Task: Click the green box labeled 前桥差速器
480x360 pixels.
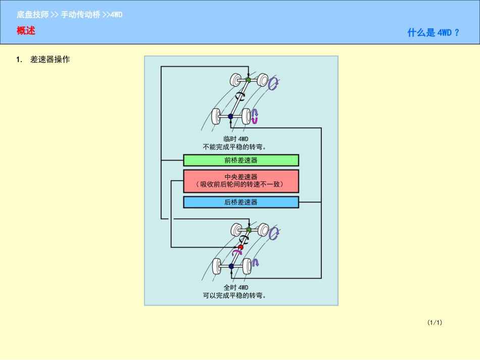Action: pyautogui.click(x=241, y=160)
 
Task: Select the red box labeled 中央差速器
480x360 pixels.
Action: pyautogui.click(x=241, y=181)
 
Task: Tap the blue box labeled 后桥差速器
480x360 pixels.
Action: pyautogui.click(x=241, y=202)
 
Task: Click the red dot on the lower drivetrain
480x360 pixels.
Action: pyautogui.click(x=241, y=247)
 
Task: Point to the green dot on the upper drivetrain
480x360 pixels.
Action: pyautogui.click(x=248, y=80)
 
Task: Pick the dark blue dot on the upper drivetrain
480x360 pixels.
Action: pyautogui.click(x=231, y=116)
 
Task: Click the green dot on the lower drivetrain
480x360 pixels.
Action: pyautogui.click(x=249, y=230)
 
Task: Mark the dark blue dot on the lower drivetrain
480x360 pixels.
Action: pyautogui.click(x=231, y=266)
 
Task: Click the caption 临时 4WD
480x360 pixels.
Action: pyautogui.click(x=236, y=139)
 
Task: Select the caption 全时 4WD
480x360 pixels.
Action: pyautogui.click(x=236, y=288)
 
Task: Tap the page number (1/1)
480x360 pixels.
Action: pyautogui.click(x=435, y=322)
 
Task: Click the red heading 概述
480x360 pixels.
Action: pyautogui.click(x=26, y=31)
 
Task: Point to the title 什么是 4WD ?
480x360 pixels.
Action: pyautogui.click(x=434, y=33)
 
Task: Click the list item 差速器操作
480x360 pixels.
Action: pyautogui.click(x=50, y=60)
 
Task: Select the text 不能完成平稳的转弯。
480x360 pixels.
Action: pyautogui.click(x=234, y=147)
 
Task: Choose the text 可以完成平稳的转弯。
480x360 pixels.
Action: pyautogui.click(x=234, y=295)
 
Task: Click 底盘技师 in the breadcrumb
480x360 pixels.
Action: pyautogui.click(x=33, y=15)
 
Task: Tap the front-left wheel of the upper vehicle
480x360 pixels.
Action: pyautogui.click(x=235, y=80)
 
